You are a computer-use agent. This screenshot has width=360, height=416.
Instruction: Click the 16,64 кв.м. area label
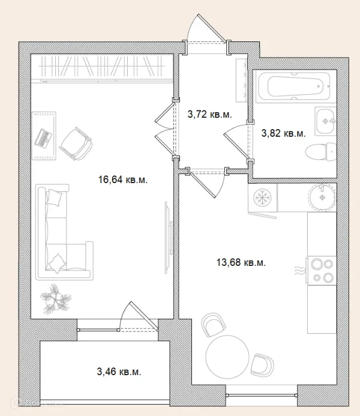point(123,180)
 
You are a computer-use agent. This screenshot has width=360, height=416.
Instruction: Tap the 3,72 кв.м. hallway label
point(209,115)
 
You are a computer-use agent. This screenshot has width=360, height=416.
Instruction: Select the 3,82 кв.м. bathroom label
point(283,133)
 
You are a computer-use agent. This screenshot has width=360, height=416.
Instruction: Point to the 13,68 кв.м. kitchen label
point(241,262)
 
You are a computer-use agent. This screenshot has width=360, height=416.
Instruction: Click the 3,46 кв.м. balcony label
point(119,372)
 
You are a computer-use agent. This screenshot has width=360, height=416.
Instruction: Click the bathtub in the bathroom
point(294,85)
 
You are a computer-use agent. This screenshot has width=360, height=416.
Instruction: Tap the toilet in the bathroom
point(321,152)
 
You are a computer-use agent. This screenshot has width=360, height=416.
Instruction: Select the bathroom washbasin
point(326,121)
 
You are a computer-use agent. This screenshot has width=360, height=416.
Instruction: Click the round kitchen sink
point(322,197)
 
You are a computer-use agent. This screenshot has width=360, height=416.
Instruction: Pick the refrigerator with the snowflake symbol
point(262,198)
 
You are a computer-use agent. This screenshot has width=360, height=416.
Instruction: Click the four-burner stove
point(322,270)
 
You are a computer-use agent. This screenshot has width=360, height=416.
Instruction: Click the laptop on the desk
point(43,138)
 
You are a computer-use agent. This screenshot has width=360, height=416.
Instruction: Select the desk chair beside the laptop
point(76,143)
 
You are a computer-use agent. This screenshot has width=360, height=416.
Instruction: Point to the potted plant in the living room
point(55,299)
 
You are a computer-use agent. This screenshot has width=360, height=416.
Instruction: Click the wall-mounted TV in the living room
point(169,238)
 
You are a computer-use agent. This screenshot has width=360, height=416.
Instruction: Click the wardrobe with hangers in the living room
point(101,68)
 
